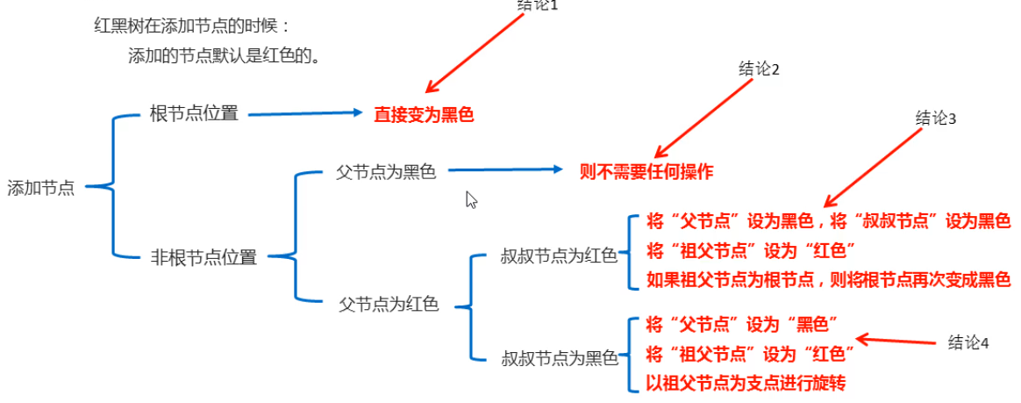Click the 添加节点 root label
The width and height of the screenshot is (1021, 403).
pos(41,188)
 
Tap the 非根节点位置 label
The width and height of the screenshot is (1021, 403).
pos(203,257)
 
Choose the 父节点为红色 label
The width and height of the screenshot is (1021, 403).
pos(389,305)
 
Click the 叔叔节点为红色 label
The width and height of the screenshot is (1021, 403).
pos(559,255)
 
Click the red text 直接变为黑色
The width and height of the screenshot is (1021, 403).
pos(424,114)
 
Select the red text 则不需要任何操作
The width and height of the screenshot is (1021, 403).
pos(646,171)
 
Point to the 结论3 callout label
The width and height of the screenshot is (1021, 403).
pos(935,119)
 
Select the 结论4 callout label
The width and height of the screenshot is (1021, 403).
pos(968,343)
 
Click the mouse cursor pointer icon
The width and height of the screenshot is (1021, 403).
pos(471,199)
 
